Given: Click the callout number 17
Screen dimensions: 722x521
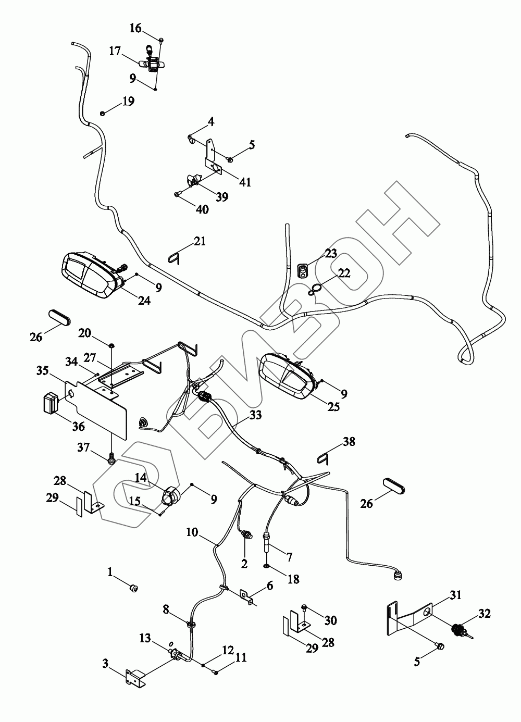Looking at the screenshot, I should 115,51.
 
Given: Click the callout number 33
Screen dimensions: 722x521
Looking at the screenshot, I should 255,415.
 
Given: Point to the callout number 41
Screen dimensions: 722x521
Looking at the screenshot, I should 245,182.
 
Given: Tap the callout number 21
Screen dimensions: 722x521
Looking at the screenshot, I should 200,241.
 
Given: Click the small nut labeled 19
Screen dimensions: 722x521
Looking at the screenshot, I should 103,113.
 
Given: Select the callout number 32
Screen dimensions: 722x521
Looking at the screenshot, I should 485,614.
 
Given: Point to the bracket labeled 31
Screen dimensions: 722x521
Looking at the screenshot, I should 412,615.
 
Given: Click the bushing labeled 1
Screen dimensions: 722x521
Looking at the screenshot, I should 134,589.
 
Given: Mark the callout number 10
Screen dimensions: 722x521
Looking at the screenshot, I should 192,532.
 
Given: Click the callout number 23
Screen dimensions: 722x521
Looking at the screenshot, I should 331,254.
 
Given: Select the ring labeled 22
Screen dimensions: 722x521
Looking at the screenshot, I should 314,290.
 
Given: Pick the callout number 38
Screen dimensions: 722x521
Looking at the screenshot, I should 349,442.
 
